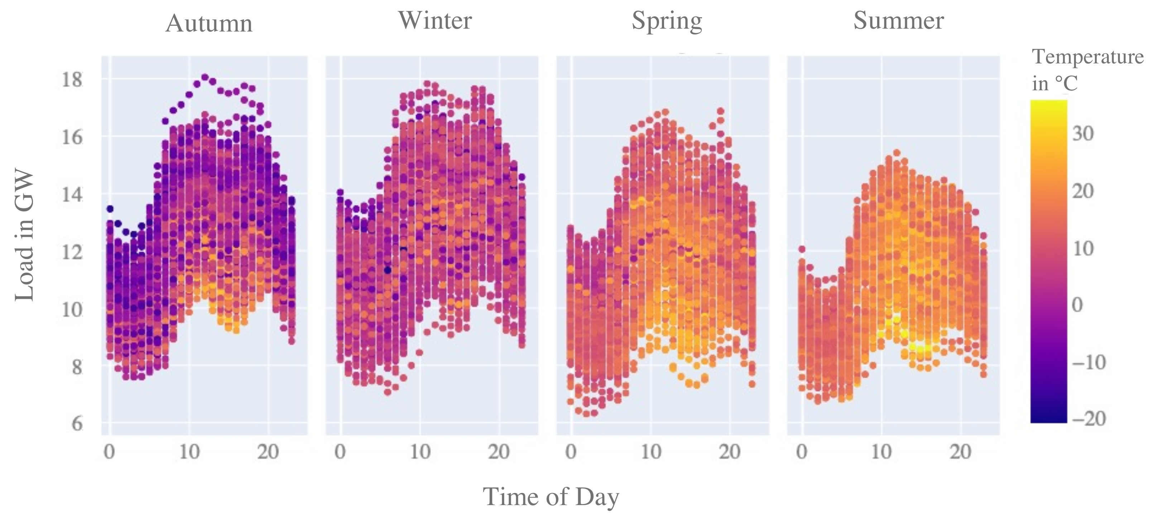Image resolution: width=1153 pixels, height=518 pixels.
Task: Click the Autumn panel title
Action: pyautogui.click(x=209, y=23)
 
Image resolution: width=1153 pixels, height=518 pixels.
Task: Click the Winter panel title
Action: pyautogui.click(x=435, y=20)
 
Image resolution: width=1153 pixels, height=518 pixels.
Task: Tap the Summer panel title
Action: pyautogui.click(x=898, y=20)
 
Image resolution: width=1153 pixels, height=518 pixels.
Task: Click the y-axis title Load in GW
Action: pyautogui.click(x=25, y=235)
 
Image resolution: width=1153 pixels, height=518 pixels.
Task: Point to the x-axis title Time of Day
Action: pyautogui.click(x=551, y=497)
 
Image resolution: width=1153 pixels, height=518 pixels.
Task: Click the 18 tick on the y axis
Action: pyautogui.click(x=72, y=80)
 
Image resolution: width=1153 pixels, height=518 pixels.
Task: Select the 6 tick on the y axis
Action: pyautogui.click(x=77, y=423)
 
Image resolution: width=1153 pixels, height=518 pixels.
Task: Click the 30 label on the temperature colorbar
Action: pyautogui.click(x=1083, y=133)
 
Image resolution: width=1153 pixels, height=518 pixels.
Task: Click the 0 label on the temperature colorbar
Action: pyautogui.click(x=1077, y=305)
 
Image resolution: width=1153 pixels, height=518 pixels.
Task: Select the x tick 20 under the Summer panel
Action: pyautogui.click(x=960, y=452)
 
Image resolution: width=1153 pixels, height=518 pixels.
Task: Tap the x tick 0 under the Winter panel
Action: pyautogui.click(x=340, y=452)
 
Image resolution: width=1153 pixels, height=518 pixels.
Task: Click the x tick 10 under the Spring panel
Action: pyautogui.click(x=650, y=452)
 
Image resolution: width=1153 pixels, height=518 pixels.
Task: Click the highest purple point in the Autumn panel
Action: pyautogui.click(x=205, y=77)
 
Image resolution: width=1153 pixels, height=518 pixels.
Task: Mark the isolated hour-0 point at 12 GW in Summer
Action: pyautogui.click(x=802, y=249)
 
